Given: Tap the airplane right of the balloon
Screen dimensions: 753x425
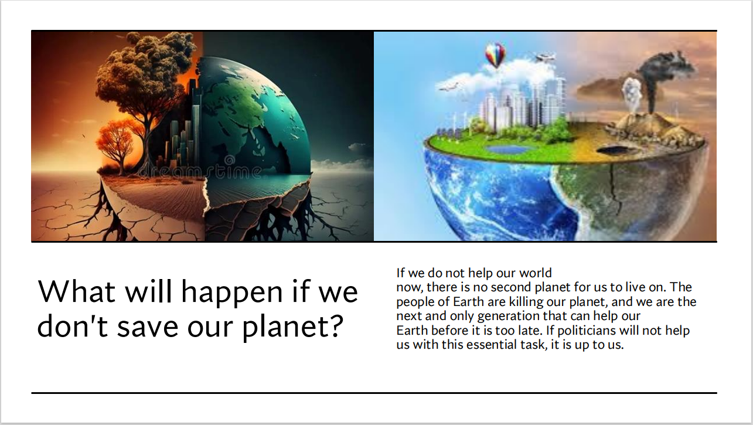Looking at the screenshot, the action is click(544, 57).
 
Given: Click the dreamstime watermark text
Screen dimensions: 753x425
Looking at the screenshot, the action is click(200, 170).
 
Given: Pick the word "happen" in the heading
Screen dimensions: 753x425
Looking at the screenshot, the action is click(231, 292).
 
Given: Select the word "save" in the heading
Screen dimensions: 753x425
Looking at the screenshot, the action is click(148, 327).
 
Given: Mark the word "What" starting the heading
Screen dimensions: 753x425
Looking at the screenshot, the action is click(77, 291).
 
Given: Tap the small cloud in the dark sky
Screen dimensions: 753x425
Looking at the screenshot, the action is click(357, 148).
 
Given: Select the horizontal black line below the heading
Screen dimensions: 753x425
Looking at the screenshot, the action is click(374, 393).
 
